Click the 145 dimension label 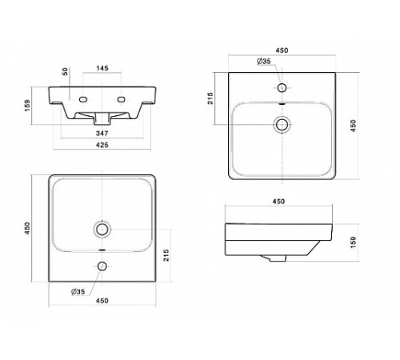click(102, 68)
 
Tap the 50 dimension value click(65, 71)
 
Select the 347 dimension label click(102, 133)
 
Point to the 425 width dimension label click(102, 145)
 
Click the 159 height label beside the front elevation click(27, 106)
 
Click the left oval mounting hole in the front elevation click(83, 99)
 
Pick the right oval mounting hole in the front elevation click(122, 99)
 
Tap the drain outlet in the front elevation click(102, 118)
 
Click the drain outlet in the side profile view click(274, 258)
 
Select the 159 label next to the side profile click(354, 242)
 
